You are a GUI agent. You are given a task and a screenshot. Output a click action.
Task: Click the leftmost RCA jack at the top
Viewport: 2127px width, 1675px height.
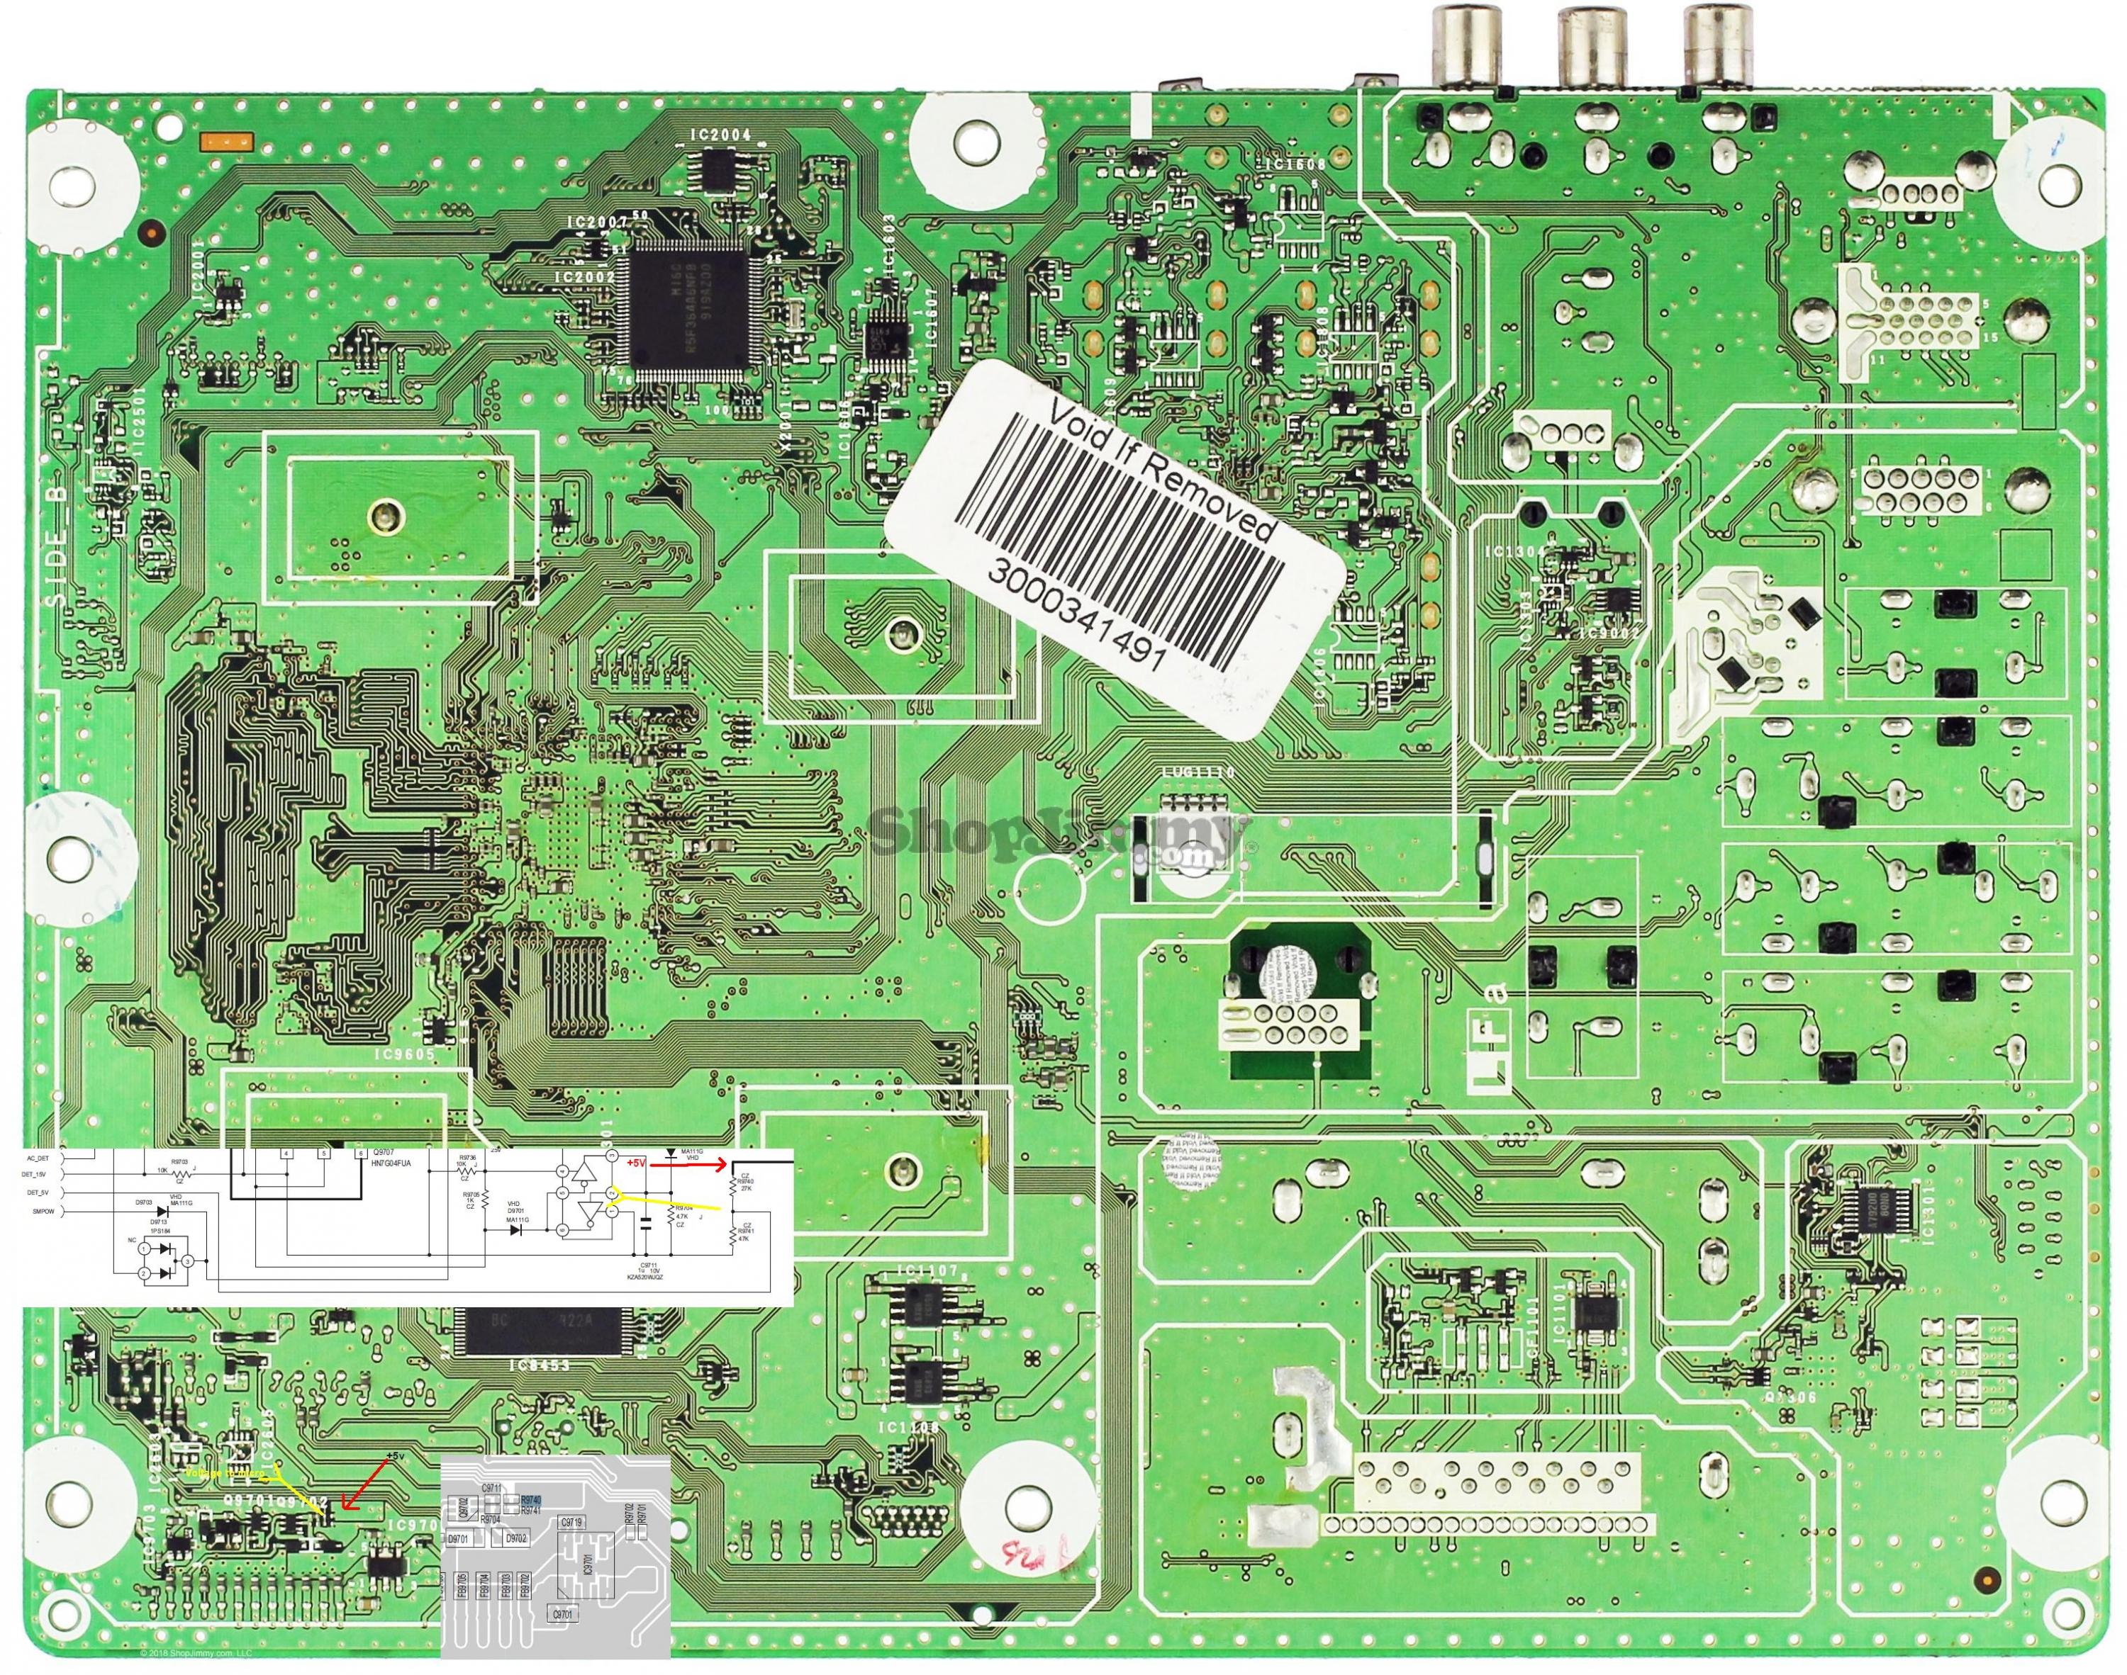click(1468, 43)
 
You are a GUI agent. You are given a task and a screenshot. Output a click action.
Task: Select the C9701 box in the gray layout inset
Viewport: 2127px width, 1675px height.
click(564, 1613)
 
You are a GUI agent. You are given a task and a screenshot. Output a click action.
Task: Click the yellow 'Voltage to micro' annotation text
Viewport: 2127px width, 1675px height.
click(225, 1473)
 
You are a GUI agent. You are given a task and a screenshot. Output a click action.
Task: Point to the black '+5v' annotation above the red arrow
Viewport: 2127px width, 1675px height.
click(393, 1455)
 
